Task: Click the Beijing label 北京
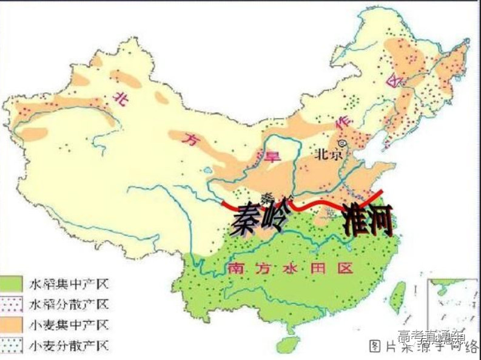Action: point(328,154)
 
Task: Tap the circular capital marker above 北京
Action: point(342,143)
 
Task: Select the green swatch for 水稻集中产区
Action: point(14,283)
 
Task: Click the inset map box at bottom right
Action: point(452,304)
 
